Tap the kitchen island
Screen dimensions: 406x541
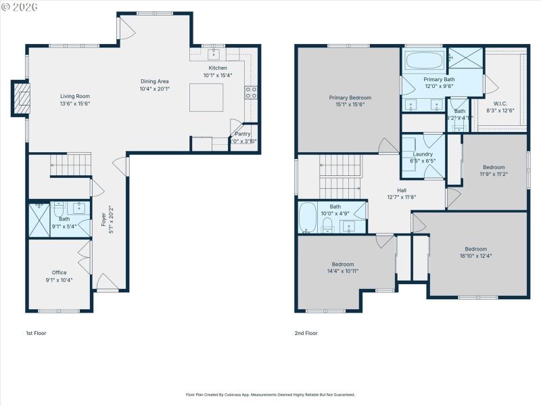click(x=206, y=97)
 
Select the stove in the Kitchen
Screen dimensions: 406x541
click(x=251, y=93)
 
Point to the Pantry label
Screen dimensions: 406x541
click(x=243, y=134)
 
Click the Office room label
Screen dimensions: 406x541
click(x=60, y=273)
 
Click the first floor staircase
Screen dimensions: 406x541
click(x=70, y=164)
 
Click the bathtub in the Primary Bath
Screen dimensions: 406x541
click(x=424, y=61)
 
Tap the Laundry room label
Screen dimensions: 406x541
click(x=423, y=154)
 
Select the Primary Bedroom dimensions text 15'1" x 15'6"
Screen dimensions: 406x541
click(x=350, y=105)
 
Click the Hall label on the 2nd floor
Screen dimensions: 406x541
click(x=401, y=191)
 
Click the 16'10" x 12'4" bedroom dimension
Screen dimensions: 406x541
click(x=475, y=256)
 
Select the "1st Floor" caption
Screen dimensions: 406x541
click(x=36, y=333)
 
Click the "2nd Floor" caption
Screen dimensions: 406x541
click(x=306, y=333)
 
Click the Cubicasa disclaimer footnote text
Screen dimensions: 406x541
click(x=270, y=394)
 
